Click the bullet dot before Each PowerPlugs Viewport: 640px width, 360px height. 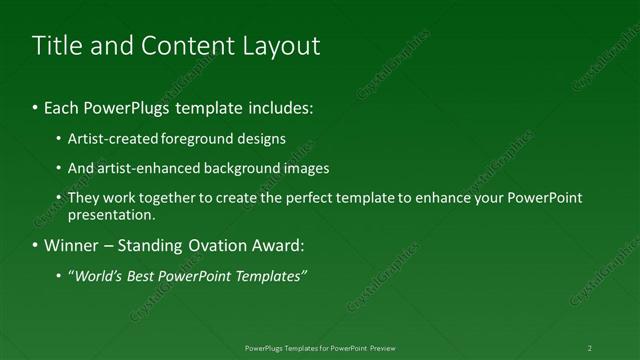point(37,107)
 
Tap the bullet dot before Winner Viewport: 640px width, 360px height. point(37,245)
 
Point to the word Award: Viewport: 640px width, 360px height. point(277,245)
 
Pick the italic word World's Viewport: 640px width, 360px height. point(97,275)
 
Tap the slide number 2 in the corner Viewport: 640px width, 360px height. point(590,348)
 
